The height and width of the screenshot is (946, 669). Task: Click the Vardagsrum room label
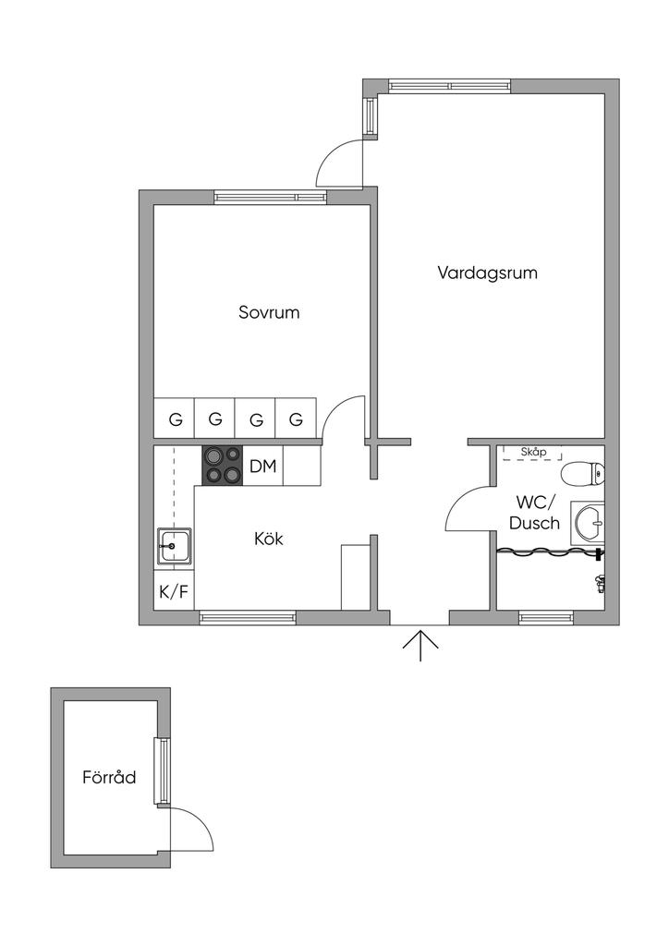pos(487,273)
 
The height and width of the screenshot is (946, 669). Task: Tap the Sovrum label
pos(269,312)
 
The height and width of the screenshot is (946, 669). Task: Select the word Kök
pos(268,539)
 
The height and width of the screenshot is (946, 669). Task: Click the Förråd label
pos(109,777)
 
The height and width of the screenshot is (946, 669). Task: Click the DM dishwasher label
pos(263,467)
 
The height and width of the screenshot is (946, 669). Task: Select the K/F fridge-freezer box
pos(174,592)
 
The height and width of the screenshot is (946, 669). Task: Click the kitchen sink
pos(174,546)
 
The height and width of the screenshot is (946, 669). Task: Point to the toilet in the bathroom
pos(583,473)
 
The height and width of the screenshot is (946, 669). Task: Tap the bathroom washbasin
pos(588,524)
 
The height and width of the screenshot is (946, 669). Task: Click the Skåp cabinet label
pos(534,452)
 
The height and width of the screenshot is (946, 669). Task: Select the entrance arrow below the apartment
pos(420,644)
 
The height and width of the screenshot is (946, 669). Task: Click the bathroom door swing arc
pos(460,504)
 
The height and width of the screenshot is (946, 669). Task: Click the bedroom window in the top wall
pos(270,196)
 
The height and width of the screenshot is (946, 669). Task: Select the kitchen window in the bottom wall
pos(248,617)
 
